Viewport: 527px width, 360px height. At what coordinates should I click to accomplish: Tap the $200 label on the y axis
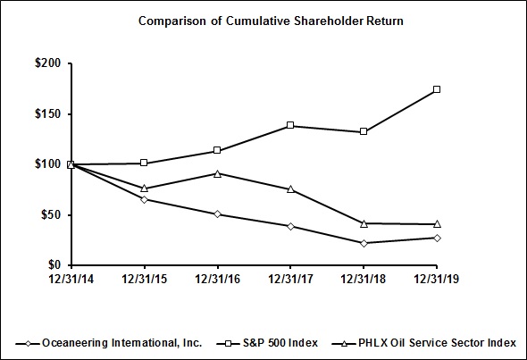point(47,63)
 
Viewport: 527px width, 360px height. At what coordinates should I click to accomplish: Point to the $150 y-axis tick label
point(47,114)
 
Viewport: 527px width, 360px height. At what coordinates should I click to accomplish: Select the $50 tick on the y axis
point(50,214)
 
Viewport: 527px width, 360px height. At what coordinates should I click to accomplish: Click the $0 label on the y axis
point(54,265)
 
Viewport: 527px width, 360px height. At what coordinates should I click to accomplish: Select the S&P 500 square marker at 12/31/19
point(436,89)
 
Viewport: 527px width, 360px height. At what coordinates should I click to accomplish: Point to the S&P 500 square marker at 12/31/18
point(364,131)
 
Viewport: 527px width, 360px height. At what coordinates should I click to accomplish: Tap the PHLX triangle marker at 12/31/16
point(218,172)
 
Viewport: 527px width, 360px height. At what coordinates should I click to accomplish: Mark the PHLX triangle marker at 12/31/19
point(436,223)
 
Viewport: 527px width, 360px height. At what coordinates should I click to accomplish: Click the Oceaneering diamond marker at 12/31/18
point(364,243)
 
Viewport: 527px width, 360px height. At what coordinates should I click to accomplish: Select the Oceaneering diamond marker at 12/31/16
point(218,214)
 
